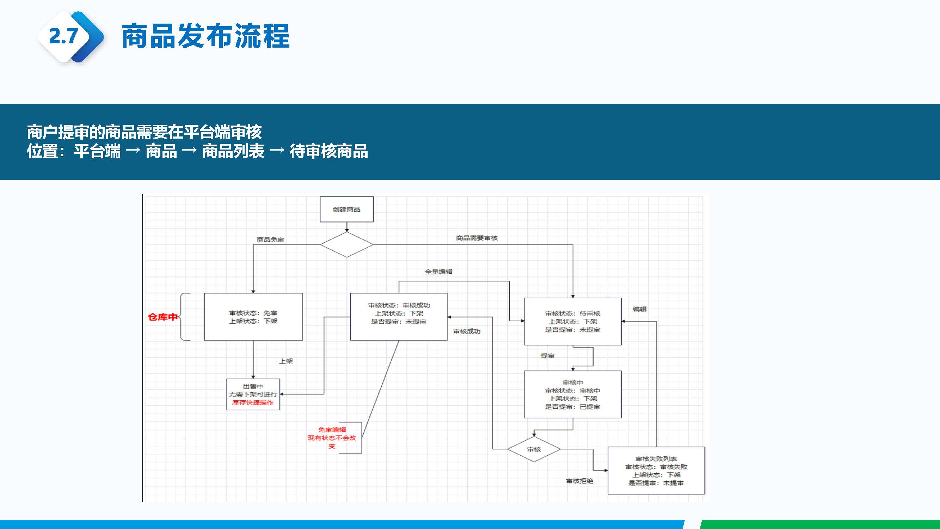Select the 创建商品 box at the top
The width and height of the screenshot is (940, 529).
(x=346, y=209)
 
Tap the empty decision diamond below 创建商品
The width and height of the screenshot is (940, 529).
(x=346, y=245)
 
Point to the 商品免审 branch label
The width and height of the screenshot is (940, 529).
(x=270, y=239)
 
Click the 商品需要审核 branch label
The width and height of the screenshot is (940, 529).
(x=477, y=238)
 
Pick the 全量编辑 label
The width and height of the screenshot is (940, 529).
(x=438, y=272)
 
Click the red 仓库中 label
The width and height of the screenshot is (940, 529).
(x=163, y=317)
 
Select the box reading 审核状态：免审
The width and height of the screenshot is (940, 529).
(x=253, y=317)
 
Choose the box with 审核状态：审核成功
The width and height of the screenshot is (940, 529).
(x=399, y=317)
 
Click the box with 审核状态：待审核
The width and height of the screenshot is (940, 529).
(x=572, y=321)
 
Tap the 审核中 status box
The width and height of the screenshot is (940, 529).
(x=572, y=394)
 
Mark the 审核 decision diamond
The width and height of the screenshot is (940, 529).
(x=534, y=449)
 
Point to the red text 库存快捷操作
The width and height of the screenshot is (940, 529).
(x=252, y=402)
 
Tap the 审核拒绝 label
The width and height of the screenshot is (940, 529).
(x=579, y=481)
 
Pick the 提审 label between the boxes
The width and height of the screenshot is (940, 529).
(x=547, y=355)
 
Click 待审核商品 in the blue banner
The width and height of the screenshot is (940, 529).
(x=328, y=151)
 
